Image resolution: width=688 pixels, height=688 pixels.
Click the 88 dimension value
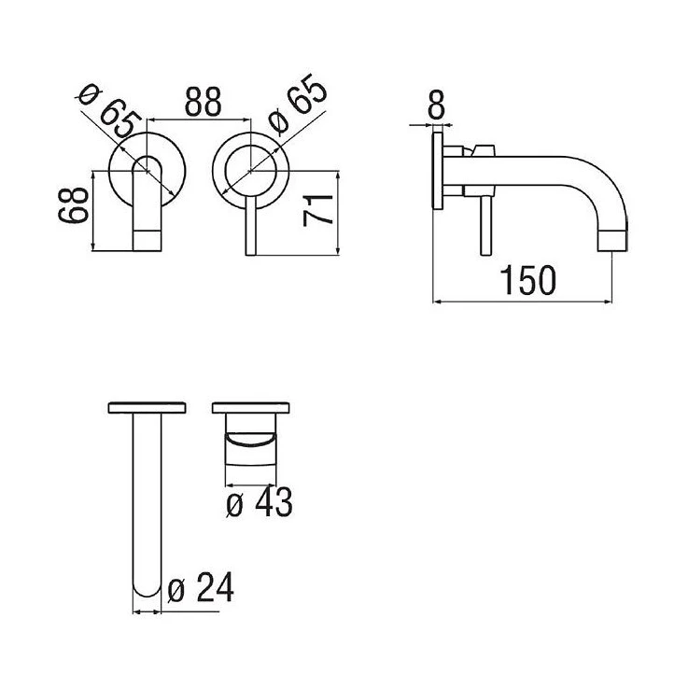pyautogui.click(x=203, y=102)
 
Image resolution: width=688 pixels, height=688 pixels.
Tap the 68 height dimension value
pyautogui.click(x=73, y=204)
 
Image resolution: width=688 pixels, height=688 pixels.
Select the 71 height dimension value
pyautogui.click(x=317, y=210)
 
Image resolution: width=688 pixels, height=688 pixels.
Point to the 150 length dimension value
pyautogui.click(x=527, y=280)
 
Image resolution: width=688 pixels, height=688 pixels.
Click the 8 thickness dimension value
pyautogui.click(x=436, y=105)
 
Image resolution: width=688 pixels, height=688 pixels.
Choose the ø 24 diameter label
pyautogui.click(x=201, y=588)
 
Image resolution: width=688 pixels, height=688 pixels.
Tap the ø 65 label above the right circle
pyautogui.click(x=298, y=105)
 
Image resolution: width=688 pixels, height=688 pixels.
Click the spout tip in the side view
pyautogui.click(x=613, y=242)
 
